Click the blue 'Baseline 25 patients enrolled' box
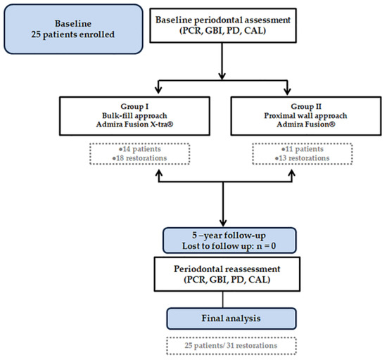pyautogui.click(x=73, y=29)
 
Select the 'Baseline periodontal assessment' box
pyautogui.click(x=223, y=25)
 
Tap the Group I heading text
pyautogui.click(x=134, y=106)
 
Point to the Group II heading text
pyautogui.click(x=306, y=106)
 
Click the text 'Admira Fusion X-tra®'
pyautogui.click(x=135, y=124)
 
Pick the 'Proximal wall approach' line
pyautogui.click(x=305, y=115)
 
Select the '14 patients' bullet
pyautogui.click(x=140, y=149)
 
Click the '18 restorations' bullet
pyautogui.click(x=139, y=158)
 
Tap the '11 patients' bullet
pyautogui.click(x=302, y=149)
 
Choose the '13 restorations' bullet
pyautogui.click(x=302, y=158)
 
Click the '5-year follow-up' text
pyautogui.click(x=229, y=236)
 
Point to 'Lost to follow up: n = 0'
pyautogui.click(x=229, y=246)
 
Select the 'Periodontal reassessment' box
pyautogui.click(x=227, y=274)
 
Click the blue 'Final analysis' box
pyautogui.click(x=231, y=319)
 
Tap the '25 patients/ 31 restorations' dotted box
pyautogui.click(x=231, y=346)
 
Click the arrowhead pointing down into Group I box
pyautogui.click(x=158, y=90)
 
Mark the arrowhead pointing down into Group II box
pyautogui.click(x=287, y=91)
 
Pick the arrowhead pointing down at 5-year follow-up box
pyautogui.click(x=223, y=223)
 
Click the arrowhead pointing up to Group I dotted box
pyautogui.click(x=159, y=173)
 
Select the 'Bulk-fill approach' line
pyautogui.click(x=134, y=115)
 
